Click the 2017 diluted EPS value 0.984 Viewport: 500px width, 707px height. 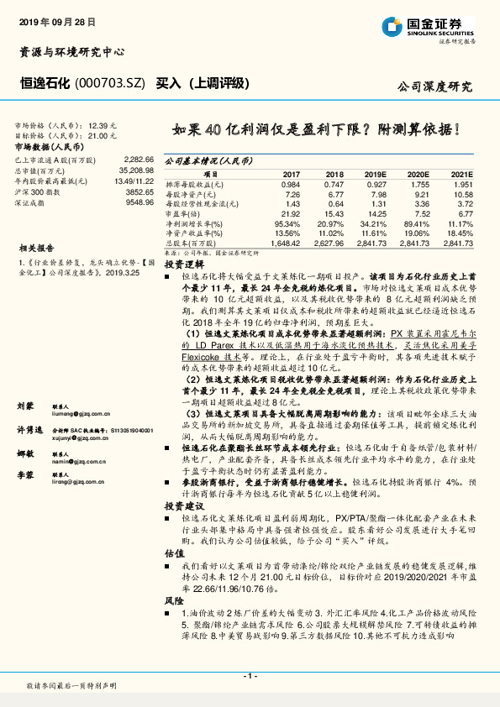pos(291,184)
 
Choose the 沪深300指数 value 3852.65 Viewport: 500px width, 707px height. pos(139,191)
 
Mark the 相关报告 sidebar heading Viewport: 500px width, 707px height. pos(37,249)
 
